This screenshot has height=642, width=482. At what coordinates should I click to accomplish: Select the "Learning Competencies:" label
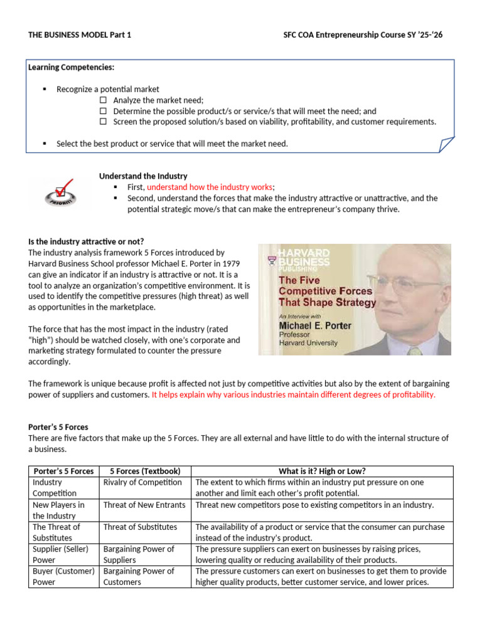point(71,67)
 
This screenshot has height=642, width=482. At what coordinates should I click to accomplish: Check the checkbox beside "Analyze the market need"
point(104,100)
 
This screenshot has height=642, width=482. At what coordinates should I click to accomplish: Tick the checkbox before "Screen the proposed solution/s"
point(104,122)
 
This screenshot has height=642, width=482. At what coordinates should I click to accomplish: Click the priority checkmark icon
point(60,191)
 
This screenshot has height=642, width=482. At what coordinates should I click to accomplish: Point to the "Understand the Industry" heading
point(143,176)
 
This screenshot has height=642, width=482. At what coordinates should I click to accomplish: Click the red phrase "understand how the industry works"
point(210,187)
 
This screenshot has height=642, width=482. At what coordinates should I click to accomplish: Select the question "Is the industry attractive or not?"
point(86,241)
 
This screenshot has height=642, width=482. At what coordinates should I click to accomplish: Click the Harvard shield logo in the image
point(271,258)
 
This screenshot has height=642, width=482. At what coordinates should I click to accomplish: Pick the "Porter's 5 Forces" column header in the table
point(63,471)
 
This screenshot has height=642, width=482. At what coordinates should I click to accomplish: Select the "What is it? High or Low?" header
point(322,471)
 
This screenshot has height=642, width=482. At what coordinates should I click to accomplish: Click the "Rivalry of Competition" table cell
point(142,482)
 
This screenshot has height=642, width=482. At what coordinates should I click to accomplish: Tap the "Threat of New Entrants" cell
point(144,505)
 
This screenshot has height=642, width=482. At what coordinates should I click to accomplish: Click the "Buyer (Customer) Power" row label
point(63,576)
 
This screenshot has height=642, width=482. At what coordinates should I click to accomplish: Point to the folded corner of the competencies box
point(446,145)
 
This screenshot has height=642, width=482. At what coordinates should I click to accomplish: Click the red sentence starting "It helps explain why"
point(293,395)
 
